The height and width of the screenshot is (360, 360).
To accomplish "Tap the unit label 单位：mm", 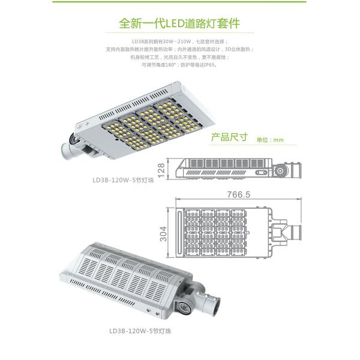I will click(269, 139).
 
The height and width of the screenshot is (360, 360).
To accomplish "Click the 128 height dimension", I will click(170, 167).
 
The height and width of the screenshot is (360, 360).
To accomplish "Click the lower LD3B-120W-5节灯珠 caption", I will click(140, 329).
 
